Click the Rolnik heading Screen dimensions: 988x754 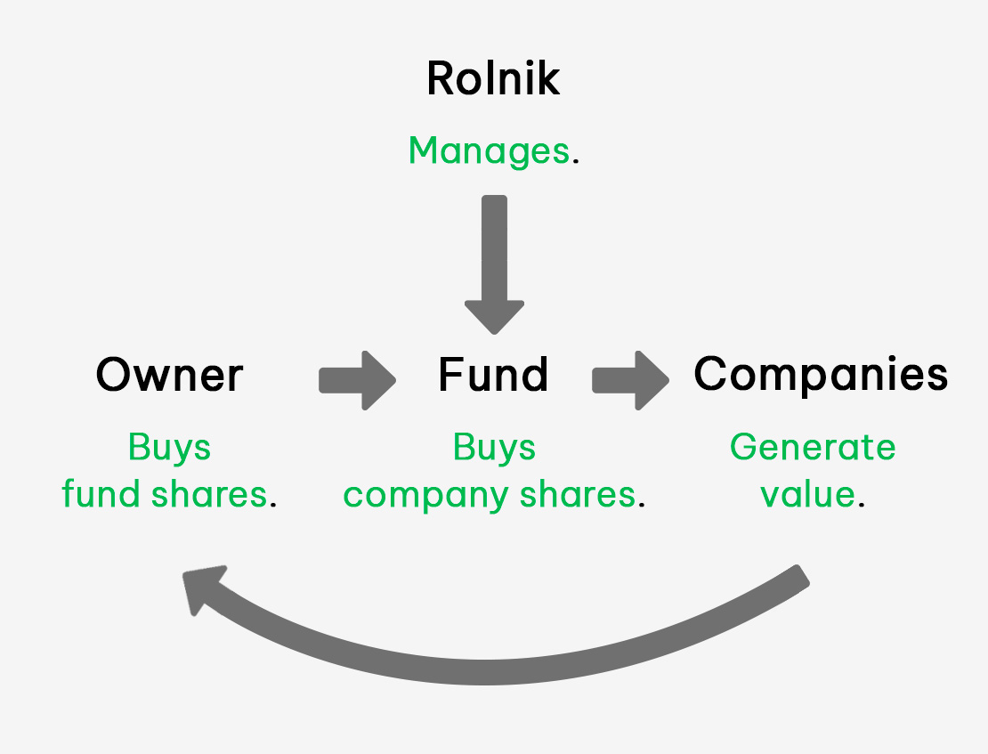[x=493, y=78]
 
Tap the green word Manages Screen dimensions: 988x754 [x=489, y=151]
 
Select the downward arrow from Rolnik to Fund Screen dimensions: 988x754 [x=494, y=264]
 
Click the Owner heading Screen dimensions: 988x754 [x=169, y=375]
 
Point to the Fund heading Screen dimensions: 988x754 [x=493, y=375]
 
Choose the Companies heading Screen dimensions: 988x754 [x=821, y=375]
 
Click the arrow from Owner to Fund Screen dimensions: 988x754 [x=357, y=380]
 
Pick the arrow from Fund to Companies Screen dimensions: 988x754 [x=631, y=380]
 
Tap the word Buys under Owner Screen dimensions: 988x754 [x=169, y=449]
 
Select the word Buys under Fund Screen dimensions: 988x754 [x=494, y=449]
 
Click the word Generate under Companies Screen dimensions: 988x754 [x=813, y=449]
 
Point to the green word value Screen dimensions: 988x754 [x=808, y=494]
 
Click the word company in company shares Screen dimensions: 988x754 [x=425, y=496]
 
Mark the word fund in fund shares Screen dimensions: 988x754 [x=101, y=494]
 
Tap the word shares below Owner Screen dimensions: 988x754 [x=209, y=494]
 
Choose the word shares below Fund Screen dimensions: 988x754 [x=578, y=494]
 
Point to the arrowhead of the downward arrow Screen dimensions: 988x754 [x=494, y=317]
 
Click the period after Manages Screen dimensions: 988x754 [x=575, y=163]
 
